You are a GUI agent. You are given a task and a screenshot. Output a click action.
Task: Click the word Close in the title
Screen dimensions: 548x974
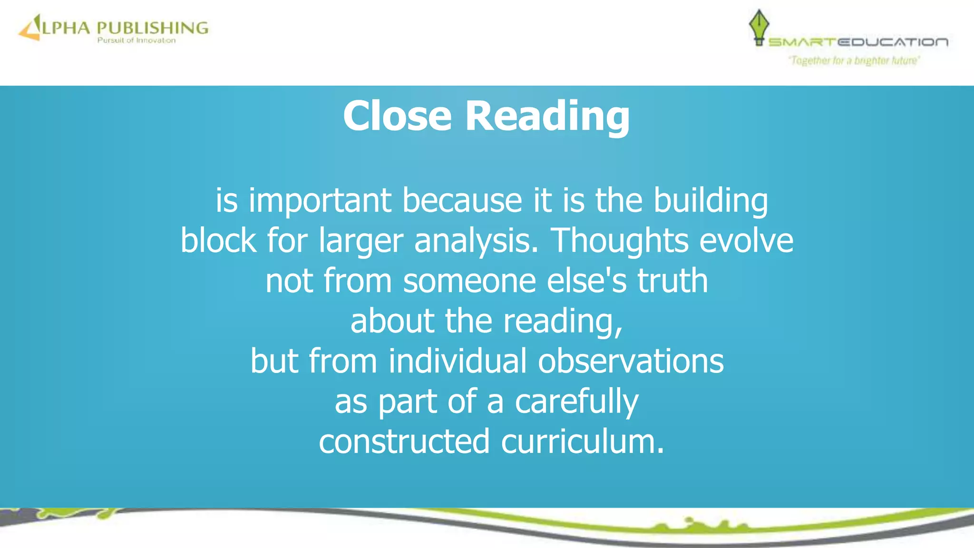(397, 116)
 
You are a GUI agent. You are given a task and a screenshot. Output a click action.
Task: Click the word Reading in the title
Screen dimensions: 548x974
(547, 117)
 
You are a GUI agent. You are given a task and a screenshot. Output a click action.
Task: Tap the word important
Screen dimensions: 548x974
(320, 200)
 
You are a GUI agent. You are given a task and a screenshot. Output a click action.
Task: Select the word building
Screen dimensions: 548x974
(710, 201)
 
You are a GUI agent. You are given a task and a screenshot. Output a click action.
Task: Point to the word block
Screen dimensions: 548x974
(218, 240)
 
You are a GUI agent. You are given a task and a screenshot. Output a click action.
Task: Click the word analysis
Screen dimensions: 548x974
(477, 241)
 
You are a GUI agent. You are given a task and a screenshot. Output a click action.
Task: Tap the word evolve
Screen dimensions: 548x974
(746, 240)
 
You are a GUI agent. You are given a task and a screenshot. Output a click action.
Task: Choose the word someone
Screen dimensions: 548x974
(469, 281)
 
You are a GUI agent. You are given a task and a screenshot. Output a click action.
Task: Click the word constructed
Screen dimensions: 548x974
(404, 441)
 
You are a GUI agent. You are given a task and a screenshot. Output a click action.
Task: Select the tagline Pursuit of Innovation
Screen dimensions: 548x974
(136, 40)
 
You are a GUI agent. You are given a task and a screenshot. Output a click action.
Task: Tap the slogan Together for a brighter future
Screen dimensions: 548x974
(854, 60)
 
